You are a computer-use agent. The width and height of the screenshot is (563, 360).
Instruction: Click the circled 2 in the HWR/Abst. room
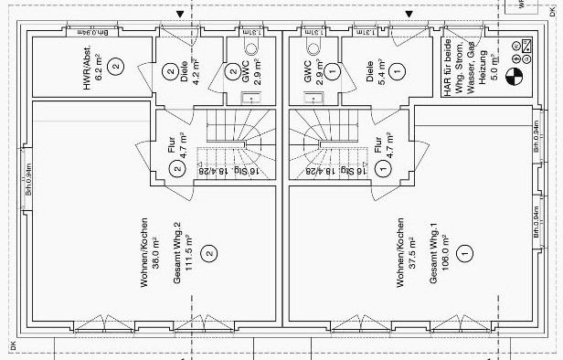click(x=115, y=65)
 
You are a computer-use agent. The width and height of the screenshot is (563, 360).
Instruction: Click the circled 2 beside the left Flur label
click(x=177, y=168)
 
